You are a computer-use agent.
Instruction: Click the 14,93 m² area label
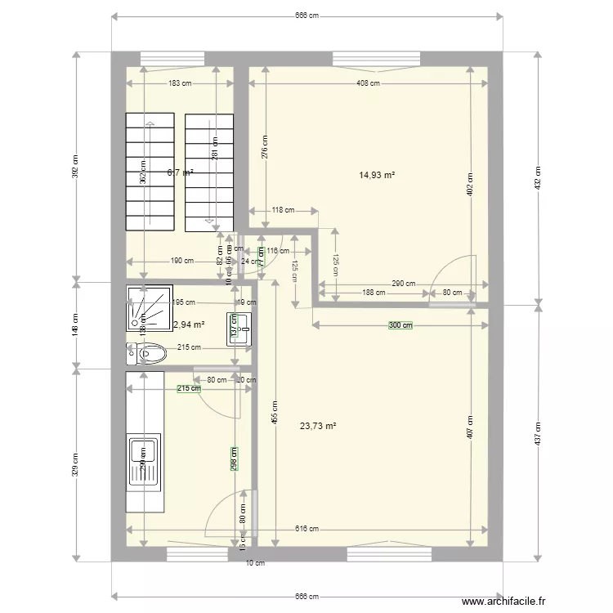[x=377, y=174]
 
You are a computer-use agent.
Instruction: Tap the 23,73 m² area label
[x=318, y=425]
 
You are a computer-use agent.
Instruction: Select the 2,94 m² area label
[x=188, y=324]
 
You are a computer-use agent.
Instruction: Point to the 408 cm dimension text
[x=368, y=83]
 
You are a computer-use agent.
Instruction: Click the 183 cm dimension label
[x=181, y=83]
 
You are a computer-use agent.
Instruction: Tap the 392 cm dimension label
[x=76, y=168]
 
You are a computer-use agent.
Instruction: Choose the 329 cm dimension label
[x=76, y=464]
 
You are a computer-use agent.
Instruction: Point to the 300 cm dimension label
[x=400, y=325]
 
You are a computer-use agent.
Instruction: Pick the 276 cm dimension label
[x=266, y=147]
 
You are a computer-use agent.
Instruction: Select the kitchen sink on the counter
[x=144, y=463]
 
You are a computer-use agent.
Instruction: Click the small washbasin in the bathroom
[x=238, y=329]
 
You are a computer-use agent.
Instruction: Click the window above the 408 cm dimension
[x=376, y=58]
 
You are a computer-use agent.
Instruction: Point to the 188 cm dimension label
[x=374, y=293]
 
